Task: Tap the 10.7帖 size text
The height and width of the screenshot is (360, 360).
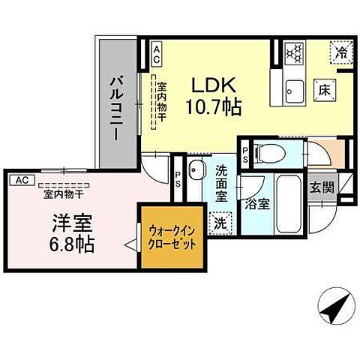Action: point(214,107)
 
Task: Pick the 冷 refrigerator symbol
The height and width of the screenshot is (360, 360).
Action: point(340,52)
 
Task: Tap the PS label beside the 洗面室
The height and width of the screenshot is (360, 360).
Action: point(178,180)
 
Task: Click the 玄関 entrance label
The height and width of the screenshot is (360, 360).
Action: point(323,187)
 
